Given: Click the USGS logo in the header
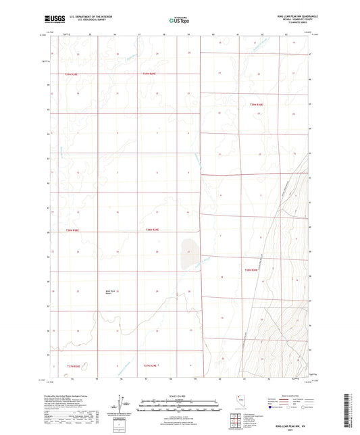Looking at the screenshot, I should [x=53, y=19].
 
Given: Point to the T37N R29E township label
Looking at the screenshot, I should [x=150, y=365].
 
